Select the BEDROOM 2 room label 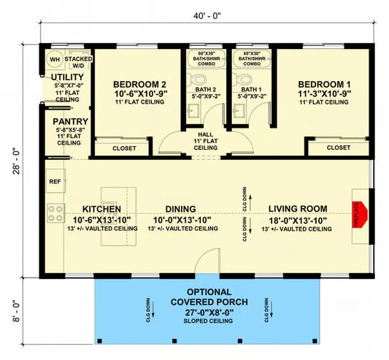[x=137, y=83]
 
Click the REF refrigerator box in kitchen [x=54, y=181]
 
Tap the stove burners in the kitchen [x=55, y=213]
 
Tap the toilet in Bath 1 [x=242, y=79]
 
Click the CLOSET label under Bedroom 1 [x=338, y=148]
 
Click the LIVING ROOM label [x=298, y=208]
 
